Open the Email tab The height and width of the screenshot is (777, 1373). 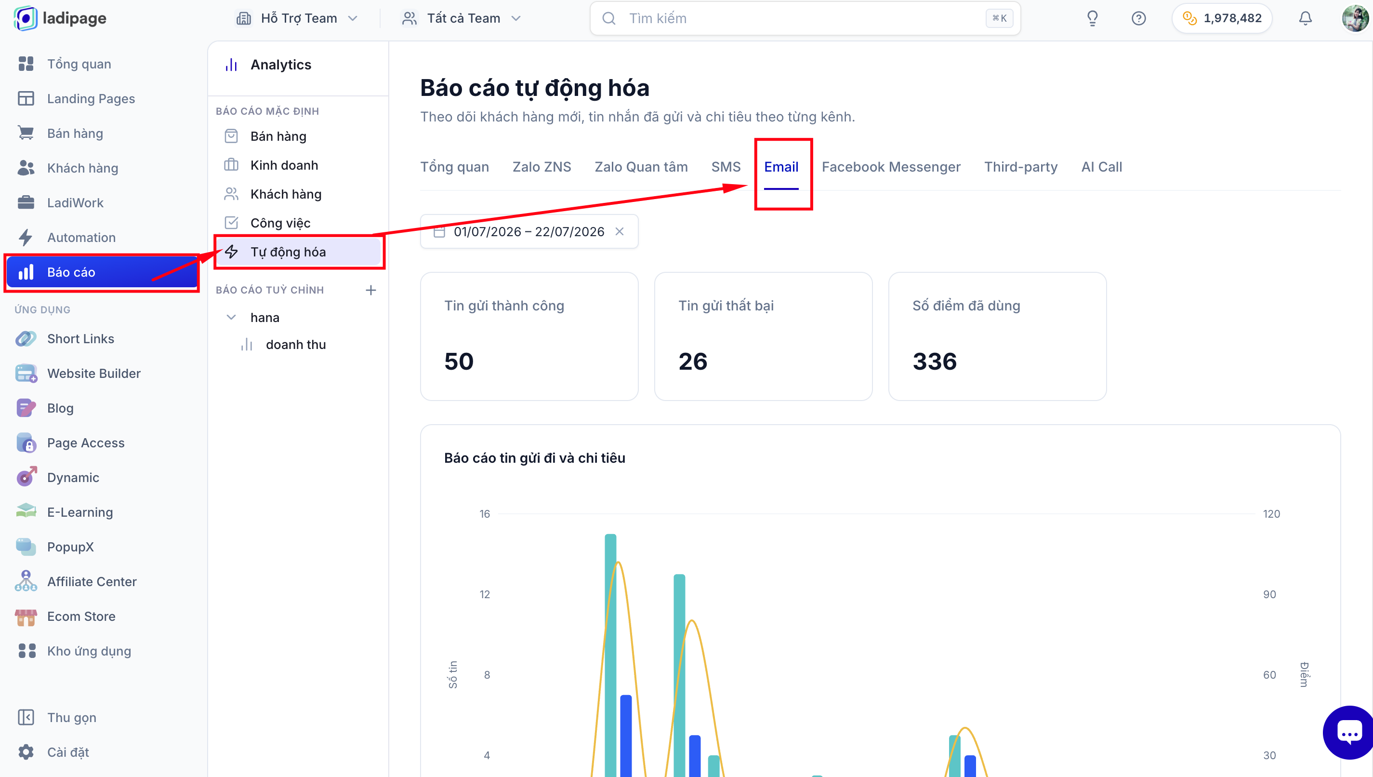coord(780,167)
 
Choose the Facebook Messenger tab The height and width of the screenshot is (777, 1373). coord(890,167)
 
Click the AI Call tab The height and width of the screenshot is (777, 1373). coord(1101,167)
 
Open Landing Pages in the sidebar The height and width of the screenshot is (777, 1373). coord(91,99)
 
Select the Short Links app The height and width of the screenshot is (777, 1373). coord(80,339)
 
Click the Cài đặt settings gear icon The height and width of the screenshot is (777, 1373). coord(26,752)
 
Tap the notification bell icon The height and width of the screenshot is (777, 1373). coord(1305,18)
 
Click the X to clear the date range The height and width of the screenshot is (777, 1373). coord(619,231)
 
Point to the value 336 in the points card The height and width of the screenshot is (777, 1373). coord(934,362)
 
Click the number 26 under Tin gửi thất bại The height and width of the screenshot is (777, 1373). coord(693,362)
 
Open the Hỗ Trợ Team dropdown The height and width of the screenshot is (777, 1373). coord(296,18)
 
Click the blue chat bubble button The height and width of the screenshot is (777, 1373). coord(1348,733)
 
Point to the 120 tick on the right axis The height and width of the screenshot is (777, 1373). coord(1271,513)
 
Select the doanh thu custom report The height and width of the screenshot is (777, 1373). coord(295,345)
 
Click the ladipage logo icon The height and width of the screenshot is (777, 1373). coord(26,18)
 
